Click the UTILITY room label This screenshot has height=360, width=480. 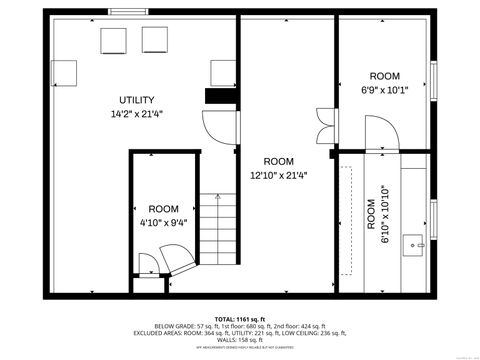point(136,100)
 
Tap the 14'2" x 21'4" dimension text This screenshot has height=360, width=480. point(136,114)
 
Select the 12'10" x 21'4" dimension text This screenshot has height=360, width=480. point(278,175)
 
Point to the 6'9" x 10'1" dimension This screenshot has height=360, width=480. point(385,90)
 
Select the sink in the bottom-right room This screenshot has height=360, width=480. point(415,241)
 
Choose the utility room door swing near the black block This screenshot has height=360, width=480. point(219,126)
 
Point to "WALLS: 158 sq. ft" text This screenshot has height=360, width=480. point(240,340)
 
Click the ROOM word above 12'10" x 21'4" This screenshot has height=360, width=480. point(278,161)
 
